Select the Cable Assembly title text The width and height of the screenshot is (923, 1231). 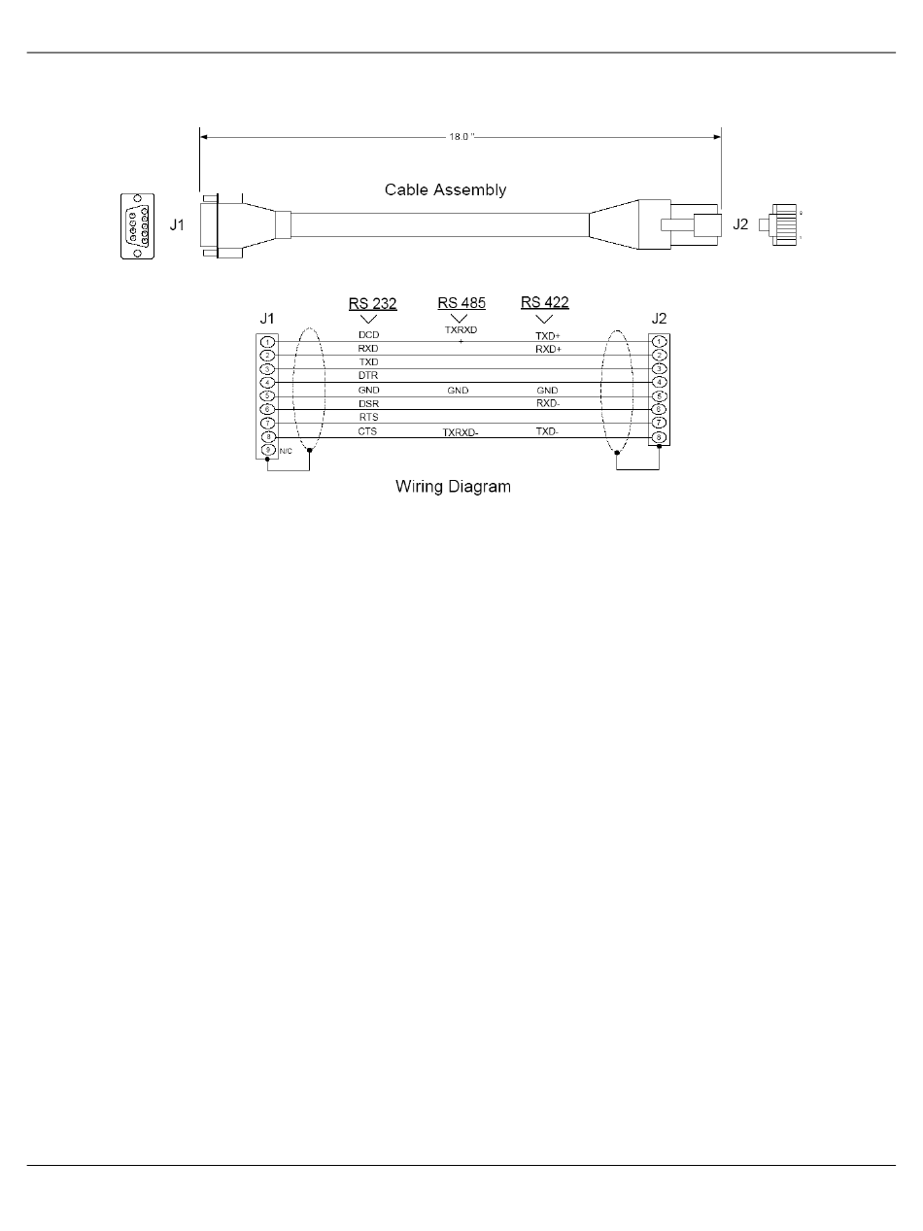445,189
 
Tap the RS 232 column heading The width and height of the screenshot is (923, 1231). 373,304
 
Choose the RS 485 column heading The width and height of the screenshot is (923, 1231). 461,302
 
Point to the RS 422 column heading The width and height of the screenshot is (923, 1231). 545,302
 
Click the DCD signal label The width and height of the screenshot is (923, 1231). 368,335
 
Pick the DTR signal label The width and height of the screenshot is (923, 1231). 368,376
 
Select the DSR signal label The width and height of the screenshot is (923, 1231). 368,403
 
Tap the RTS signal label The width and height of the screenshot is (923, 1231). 368,417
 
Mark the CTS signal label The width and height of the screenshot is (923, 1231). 368,430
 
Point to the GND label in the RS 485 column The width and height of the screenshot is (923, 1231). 458,391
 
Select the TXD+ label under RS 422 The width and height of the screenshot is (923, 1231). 549,335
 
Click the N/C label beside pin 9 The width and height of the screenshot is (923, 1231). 286,452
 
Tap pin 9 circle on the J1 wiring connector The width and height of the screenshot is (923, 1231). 268,451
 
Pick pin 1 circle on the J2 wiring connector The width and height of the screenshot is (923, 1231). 660,342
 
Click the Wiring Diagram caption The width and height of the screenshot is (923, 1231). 453,487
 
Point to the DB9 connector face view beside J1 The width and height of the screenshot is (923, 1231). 137,226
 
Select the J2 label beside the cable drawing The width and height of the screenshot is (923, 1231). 740,224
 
